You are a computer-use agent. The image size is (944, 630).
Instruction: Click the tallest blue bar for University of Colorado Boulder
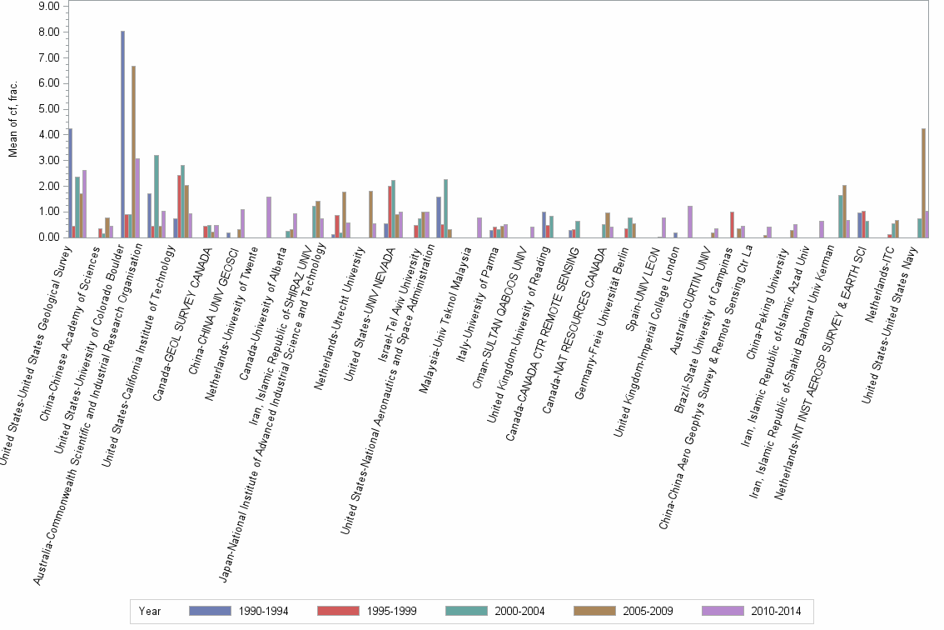point(122,134)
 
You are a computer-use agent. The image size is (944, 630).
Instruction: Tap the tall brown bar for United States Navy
point(923,182)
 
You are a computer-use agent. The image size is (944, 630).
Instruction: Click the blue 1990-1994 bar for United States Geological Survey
point(71,183)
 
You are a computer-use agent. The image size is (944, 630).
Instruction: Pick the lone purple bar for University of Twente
point(269,217)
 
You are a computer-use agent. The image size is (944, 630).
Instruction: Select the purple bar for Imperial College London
point(690,222)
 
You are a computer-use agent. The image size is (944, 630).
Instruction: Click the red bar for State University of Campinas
point(732,225)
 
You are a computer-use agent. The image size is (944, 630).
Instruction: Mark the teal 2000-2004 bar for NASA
point(445,208)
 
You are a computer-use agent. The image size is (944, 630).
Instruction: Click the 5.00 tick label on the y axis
point(49,109)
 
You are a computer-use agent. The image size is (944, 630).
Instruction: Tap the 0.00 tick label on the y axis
point(49,237)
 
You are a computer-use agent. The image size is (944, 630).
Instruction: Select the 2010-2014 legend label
point(776,611)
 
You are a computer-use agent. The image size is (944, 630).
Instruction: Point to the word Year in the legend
point(150,611)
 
